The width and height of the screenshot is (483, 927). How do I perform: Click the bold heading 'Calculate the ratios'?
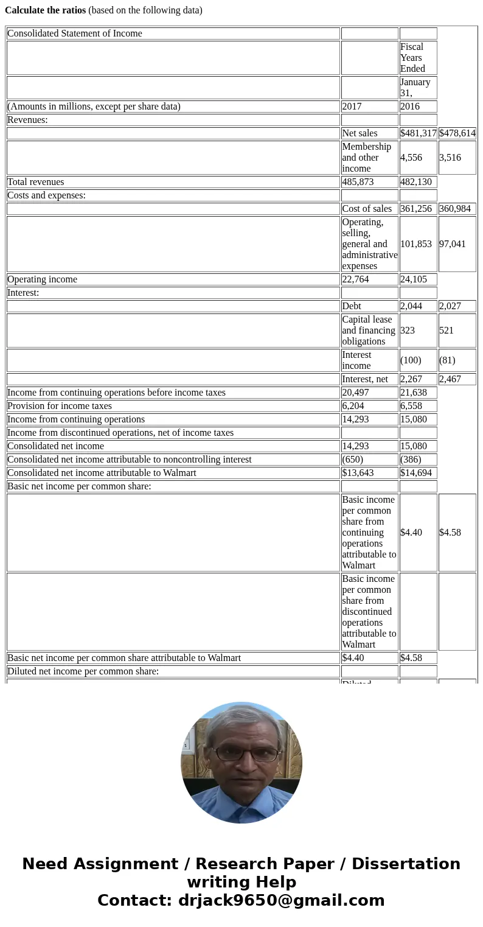pos(46,10)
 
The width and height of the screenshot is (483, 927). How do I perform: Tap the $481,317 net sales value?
pos(418,133)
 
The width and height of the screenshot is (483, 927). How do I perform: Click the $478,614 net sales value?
pos(457,133)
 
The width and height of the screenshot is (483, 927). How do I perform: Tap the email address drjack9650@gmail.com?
pos(281,901)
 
